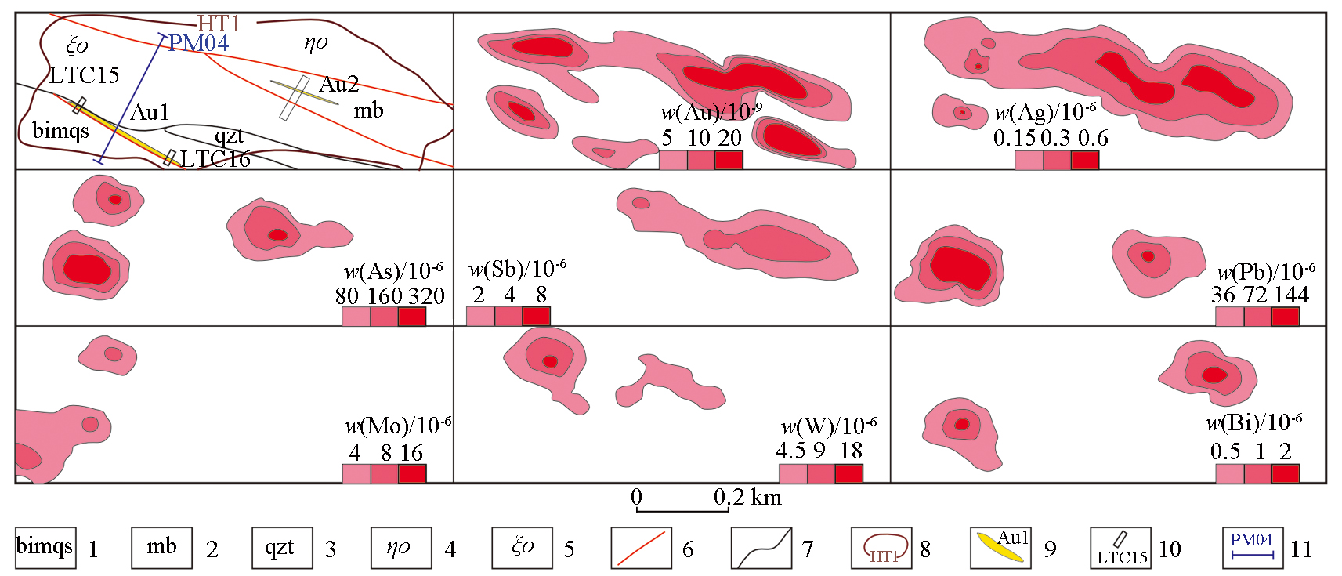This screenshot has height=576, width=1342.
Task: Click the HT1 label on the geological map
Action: (x=218, y=24)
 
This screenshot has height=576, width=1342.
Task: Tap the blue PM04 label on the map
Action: (x=199, y=43)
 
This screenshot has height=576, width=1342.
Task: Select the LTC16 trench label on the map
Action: (x=215, y=160)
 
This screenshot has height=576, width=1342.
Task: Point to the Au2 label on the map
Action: (x=339, y=84)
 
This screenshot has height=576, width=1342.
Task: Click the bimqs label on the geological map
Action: (x=60, y=130)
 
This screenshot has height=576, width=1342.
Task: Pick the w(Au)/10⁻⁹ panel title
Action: (x=711, y=112)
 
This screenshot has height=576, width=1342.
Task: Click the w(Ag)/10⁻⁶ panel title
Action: (x=1045, y=112)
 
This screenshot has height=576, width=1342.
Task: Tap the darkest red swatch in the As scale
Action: (x=412, y=317)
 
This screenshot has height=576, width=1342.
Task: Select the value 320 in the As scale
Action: (x=426, y=296)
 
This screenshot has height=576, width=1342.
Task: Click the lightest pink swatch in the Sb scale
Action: (x=480, y=316)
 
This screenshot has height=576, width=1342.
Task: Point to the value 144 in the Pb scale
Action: (x=1291, y=295)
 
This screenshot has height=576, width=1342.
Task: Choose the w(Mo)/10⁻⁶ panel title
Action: (x=398, y=426)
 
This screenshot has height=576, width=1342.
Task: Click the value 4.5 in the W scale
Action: (x=790, y=451)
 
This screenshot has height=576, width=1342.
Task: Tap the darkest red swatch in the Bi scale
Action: (x=1286, y=473)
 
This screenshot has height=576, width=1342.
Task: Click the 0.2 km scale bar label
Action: (x=747, y=498)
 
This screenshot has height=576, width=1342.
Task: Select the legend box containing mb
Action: (x=161, y=548)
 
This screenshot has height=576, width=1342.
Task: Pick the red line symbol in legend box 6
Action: (x=641, y=548)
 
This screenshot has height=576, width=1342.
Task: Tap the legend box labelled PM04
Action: (x=1252, y=548)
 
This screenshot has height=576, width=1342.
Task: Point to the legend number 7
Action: (x=808, y=549)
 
